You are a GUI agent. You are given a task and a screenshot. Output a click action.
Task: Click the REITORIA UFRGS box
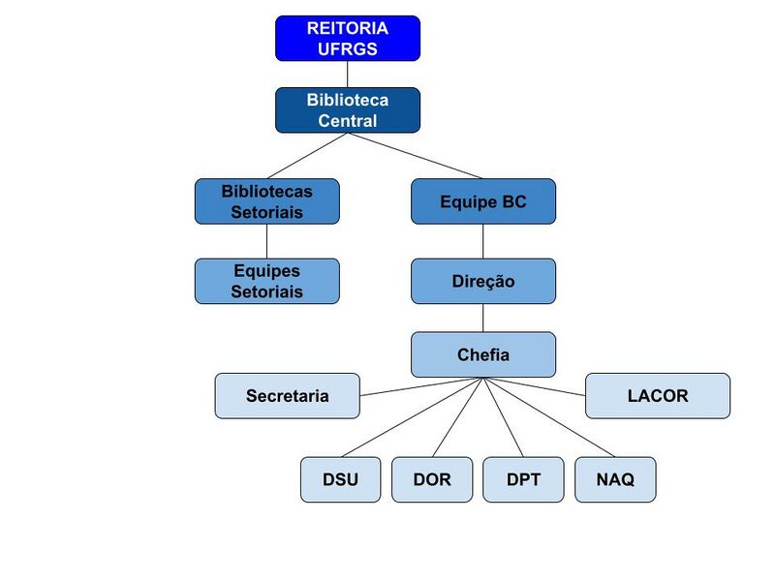pos(347,38)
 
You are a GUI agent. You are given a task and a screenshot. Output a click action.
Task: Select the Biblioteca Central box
pos(347,110)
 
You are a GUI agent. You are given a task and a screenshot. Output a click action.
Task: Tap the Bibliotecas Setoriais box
pos(266,201)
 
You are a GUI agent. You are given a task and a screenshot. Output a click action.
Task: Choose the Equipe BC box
pos(483,201)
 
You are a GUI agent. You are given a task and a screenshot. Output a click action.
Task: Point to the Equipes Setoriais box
pos(266,281)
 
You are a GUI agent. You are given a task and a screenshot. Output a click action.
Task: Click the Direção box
pos(483,281)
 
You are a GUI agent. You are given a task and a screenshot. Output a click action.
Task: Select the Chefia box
pos(483,354)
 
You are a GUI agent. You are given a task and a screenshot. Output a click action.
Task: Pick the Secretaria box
pos(287,396)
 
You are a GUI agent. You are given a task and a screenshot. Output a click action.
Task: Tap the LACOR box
pos(658,396)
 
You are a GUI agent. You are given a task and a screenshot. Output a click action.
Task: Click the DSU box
pos(340,479)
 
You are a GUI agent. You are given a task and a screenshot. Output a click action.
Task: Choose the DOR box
pos(431,479)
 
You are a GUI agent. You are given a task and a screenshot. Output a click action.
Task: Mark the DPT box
pos(523,479)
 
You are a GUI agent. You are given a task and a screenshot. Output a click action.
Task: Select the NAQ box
pos(615,479)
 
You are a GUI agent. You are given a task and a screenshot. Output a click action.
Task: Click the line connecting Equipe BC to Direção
pos(483,241)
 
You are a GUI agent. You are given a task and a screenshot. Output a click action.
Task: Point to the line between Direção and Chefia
pos(483,318)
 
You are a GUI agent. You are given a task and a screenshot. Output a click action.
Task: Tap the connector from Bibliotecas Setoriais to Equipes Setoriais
pos(266,241)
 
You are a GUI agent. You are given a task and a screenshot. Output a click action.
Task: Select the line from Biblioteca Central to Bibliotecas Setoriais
pos(308,155)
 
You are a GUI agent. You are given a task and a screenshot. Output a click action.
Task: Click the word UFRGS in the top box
pos(347,48)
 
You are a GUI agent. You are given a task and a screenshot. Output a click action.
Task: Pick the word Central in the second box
pos(347,121)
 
